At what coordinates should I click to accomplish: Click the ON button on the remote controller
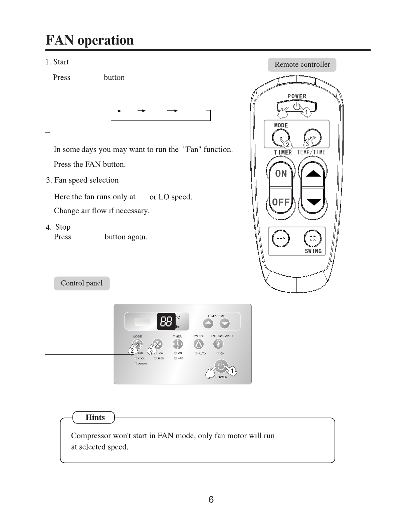281,174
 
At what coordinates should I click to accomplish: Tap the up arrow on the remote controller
313,174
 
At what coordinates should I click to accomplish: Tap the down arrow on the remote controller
313,202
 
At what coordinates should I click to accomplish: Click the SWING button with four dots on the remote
313,238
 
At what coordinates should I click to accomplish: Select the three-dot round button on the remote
281,238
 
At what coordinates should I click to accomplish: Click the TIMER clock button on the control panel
178,344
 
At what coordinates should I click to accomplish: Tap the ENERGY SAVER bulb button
218,344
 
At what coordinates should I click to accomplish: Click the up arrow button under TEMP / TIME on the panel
208,323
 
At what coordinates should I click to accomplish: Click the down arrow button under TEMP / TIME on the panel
225,323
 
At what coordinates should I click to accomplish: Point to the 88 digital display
166,321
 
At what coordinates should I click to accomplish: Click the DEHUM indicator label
142,364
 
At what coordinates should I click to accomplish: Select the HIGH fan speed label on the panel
161,358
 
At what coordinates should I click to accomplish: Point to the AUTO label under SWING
202,353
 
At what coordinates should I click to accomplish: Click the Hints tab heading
95,418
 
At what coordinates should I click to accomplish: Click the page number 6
211,500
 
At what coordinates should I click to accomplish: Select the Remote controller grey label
302,64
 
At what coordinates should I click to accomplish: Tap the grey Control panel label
81,283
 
